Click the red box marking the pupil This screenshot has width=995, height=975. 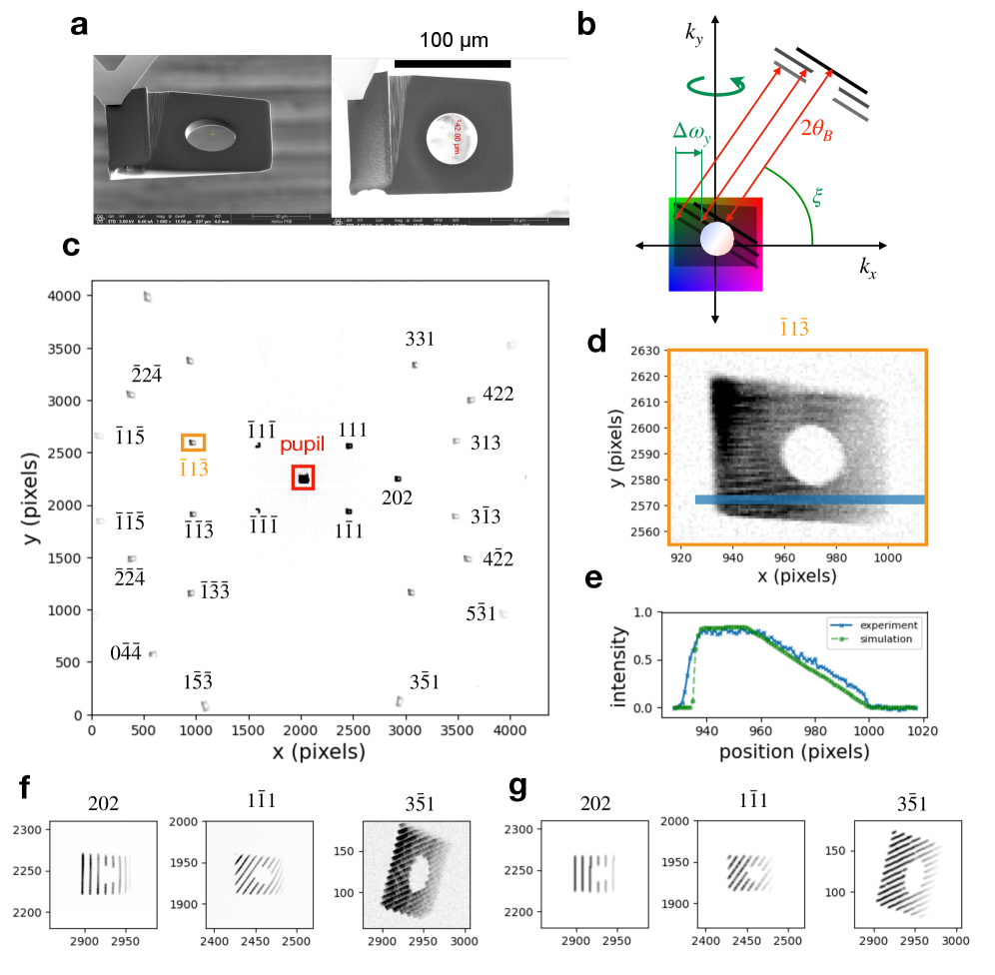[x=303, y=478]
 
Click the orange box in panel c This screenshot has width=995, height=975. [x=194, y=442]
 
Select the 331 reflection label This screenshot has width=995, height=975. [x=420, y=340]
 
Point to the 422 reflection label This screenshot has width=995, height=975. [x=497, y=394]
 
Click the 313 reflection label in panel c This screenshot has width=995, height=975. [x=497, y=443]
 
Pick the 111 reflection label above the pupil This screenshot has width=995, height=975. [x=353, y=431]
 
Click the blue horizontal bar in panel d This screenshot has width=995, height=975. [x=809, y=499]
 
